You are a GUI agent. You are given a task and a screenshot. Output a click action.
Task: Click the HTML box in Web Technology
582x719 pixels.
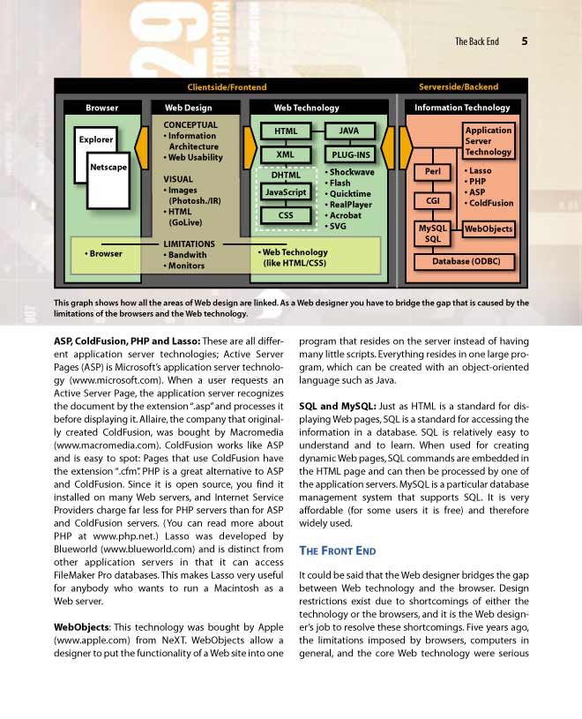pos(285,131)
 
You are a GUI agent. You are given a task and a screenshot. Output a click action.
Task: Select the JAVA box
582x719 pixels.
pos(349,131)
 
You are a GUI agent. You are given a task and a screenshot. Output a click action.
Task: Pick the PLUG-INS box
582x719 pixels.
pos(349,155)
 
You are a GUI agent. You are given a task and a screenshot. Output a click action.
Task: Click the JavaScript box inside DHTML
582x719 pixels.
pos(285,191)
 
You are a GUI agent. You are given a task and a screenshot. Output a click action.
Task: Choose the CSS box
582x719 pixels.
pos(285,214)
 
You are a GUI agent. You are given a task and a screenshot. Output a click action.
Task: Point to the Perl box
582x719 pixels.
pos(432,172)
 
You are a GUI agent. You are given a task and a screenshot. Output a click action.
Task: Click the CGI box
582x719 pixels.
pos(432,200)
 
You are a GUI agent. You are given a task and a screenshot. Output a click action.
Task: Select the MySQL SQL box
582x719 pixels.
pos(432,233)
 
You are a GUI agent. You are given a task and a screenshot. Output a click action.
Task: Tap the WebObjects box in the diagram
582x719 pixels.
pos(489,229)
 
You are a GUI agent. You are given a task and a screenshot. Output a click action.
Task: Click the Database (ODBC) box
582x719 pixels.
pos(465,262)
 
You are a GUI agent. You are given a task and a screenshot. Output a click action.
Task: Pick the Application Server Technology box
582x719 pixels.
pos(489,141)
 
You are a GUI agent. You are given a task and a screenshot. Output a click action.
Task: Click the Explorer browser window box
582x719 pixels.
pos(96,140)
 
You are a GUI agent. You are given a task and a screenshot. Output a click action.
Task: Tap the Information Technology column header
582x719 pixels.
pos(462,108)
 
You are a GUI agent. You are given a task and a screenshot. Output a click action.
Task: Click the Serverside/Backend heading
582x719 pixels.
pos(458,87)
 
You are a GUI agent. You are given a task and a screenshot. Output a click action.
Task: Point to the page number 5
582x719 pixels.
pos(525,41)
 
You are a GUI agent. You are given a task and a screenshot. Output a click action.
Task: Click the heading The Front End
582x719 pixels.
pos(338,551)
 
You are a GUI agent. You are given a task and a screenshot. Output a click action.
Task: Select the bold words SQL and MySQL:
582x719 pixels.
pos(337,406)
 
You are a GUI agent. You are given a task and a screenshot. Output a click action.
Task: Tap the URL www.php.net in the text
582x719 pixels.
pos(112,535)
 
